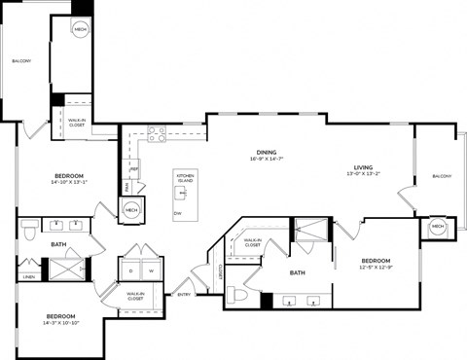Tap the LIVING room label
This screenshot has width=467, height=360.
[363, 166]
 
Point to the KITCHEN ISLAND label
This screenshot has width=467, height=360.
[185, 177]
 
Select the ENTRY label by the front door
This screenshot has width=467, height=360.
[184, 294]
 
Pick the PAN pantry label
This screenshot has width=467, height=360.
[126, 186]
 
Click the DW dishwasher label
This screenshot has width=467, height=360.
[177, 213]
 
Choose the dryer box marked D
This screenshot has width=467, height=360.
[131, 270]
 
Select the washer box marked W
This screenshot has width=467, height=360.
[152, 270]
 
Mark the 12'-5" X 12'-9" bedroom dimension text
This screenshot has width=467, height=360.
[376, 268]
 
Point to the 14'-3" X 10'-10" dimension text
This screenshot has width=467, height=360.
[61, 324]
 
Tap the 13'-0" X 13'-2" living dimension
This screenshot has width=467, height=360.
[363, 174]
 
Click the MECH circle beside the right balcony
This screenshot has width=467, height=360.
[438, 227]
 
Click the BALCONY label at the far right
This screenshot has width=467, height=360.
[442, 176]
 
